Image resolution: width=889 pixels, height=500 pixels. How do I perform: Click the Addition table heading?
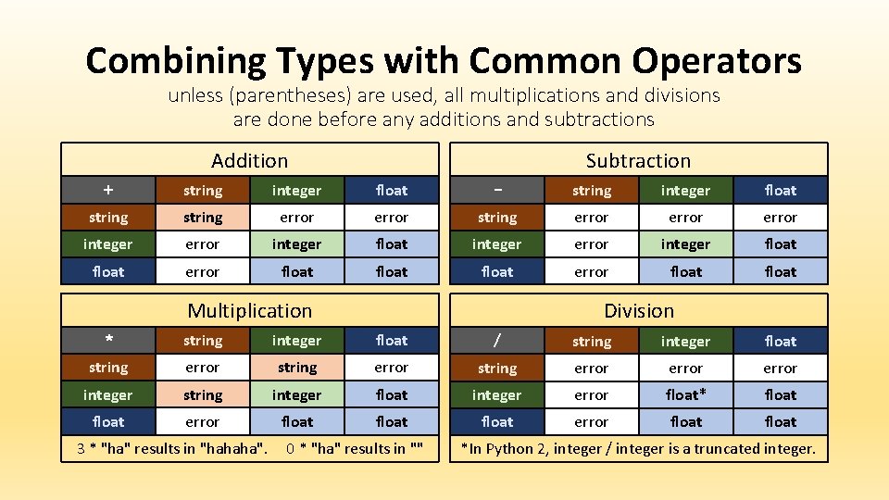click(x=249, y=160)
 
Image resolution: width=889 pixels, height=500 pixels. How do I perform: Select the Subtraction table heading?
click(x=638, y=160)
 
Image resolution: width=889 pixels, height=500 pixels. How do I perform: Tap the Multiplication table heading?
click(x=249, y=310)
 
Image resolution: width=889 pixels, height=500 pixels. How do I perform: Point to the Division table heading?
click(x=638, y=310)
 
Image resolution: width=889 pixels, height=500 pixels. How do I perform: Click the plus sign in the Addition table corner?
click(x=108, y=190)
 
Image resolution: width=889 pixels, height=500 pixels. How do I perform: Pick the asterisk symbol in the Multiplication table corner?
click(x=108, y=341)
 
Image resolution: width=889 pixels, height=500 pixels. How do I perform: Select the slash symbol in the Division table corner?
click(x=497, y=341)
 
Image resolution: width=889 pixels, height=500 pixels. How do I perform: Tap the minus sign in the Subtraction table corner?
click(x=497, y=190)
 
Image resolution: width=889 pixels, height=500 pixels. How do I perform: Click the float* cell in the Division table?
click(x=685, y=394)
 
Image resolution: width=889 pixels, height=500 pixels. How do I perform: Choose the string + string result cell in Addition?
click(x=203, y=218)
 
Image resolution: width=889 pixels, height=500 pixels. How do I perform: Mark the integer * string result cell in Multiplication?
click(x=203, y=394)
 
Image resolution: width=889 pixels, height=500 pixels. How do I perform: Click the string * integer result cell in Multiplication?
click(x=296, y=368)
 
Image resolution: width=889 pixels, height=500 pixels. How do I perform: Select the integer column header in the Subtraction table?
click(x=685, y=190)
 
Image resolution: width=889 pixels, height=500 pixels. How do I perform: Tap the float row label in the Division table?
click(x=497, y=421)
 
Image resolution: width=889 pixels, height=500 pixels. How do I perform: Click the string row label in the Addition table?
click(x=108, y=218)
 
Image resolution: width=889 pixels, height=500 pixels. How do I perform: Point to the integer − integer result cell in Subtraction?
click(x=685, y=244)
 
